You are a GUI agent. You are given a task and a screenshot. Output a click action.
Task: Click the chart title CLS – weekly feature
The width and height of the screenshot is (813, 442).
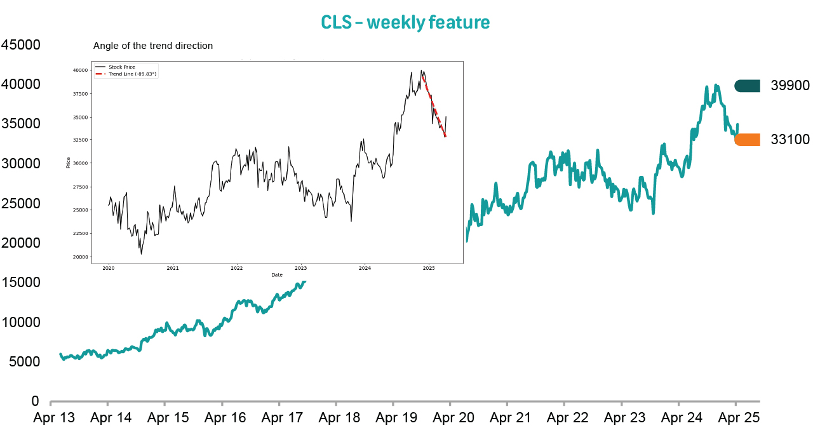click(405, 22)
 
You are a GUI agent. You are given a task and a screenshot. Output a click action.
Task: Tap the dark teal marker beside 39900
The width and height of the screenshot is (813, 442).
click(747, 86)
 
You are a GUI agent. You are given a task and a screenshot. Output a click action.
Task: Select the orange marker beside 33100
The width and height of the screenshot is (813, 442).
click(747, 140)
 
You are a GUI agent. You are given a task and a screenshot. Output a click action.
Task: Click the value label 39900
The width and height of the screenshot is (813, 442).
click(790, 86)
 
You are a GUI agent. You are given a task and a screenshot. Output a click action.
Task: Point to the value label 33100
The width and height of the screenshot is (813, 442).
click(790, 140)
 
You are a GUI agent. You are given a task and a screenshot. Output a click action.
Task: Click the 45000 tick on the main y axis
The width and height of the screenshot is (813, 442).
click(21, 45)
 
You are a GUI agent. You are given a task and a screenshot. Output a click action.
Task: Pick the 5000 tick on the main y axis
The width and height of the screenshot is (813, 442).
click(25, 361)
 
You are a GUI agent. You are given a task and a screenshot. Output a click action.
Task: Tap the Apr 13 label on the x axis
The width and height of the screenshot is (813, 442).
click(54, 418)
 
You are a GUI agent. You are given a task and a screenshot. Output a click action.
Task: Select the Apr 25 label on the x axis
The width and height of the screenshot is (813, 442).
click(738, 418)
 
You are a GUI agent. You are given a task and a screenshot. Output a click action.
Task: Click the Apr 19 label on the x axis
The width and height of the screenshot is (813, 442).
click(396, 418)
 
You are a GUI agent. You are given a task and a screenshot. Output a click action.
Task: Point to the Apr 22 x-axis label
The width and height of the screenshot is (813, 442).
click(567, 418)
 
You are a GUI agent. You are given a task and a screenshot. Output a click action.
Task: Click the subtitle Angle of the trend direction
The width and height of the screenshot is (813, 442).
click(153, 46)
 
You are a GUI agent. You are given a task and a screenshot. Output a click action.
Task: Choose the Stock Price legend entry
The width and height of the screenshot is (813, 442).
click(122, 67)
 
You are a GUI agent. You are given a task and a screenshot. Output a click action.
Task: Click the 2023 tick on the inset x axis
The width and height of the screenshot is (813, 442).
click(300, 268)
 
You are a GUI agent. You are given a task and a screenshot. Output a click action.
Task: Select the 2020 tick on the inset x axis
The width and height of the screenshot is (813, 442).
click(108, 268)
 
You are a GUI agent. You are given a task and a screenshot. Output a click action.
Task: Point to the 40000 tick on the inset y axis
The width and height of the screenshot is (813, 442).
click(81, 70)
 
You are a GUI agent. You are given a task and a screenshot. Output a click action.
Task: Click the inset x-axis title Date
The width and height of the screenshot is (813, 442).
click(277, 275)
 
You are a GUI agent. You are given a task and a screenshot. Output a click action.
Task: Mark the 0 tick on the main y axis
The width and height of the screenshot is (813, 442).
click(36, 401)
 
